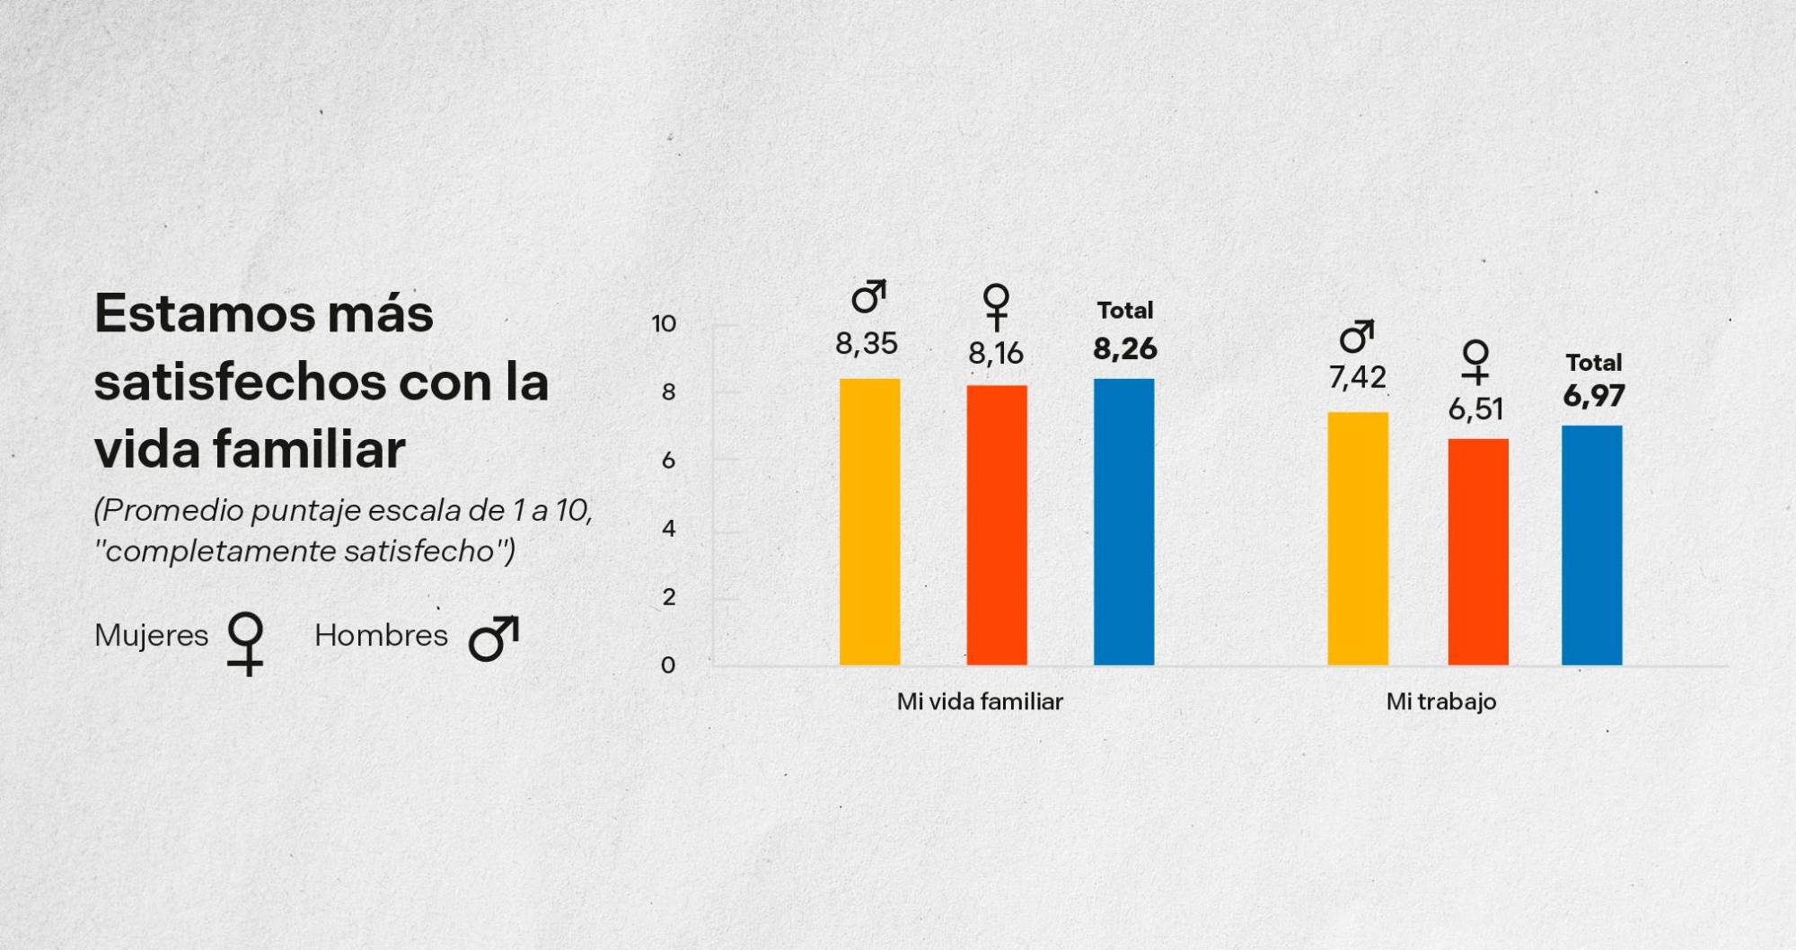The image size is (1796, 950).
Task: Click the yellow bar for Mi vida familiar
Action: (869, 522)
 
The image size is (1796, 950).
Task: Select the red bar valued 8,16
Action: (997, 525)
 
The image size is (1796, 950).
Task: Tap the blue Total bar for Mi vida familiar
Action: (1123, 522)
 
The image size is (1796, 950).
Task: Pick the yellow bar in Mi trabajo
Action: (1357, 539)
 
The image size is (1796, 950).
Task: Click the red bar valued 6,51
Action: (1477, 552)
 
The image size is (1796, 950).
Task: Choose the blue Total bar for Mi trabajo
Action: (1591, 545)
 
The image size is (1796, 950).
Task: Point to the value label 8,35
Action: (867, 344)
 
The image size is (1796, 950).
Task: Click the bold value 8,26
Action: (1124, 348)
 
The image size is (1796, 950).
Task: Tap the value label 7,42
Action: (1357, 378)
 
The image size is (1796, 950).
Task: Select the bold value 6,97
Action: (1593, 396)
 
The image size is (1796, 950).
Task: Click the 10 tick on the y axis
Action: (664, 324)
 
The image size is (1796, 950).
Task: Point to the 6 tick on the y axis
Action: (668, 461)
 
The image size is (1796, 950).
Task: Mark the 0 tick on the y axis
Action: (668, 665)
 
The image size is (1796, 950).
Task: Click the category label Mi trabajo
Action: (1440, 701)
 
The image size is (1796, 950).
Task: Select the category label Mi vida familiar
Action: (980, 701)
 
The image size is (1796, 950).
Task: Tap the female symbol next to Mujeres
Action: (245, 643)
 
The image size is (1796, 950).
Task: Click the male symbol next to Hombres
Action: (494, 638)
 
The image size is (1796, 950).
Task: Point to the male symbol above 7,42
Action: (1356, 336)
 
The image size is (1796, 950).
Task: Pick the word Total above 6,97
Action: (1593, 363)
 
